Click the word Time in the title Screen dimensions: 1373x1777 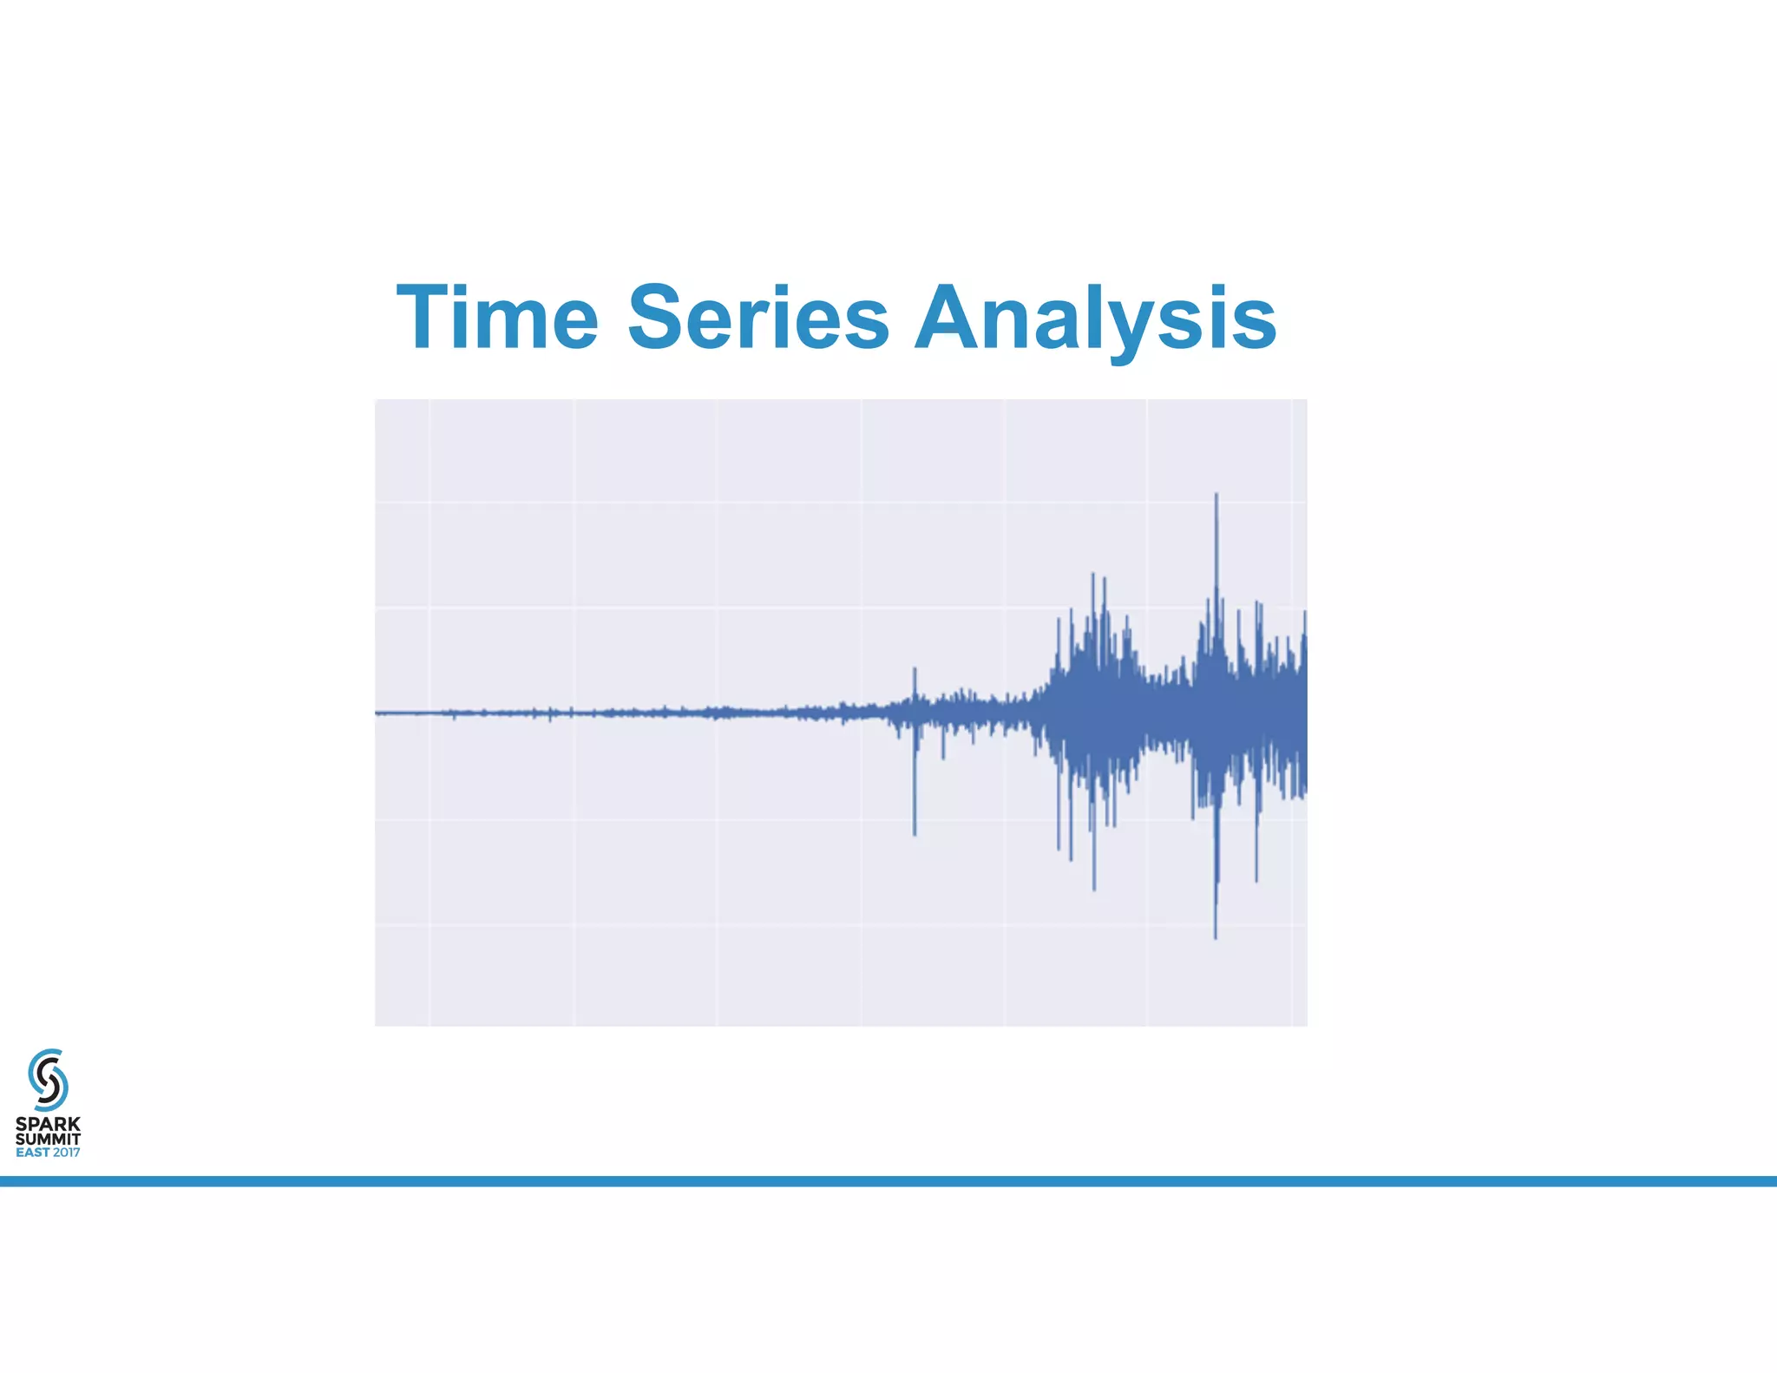point(497,318)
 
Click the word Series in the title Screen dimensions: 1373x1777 point(757,318)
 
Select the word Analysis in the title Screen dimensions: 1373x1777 point(1095,318)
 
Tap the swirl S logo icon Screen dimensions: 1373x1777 point(48,1079)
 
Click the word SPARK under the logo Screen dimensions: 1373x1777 point(48,1124)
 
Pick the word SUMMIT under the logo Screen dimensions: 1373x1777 point(48,1139)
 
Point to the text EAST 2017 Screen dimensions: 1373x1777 point(48,1153)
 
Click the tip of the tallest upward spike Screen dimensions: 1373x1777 point(1216,495)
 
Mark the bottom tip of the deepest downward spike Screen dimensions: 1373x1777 point(1215,937)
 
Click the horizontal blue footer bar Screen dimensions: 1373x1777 point(888,1181)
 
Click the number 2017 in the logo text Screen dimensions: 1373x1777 point(66,1153)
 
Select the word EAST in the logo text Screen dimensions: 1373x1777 point(33,1153)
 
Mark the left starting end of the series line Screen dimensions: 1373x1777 point(377,713)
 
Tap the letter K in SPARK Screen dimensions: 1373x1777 point(74,1124)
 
